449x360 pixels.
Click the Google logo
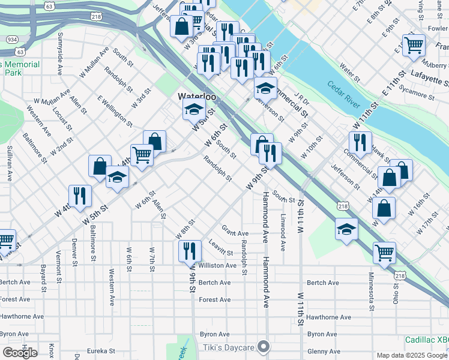[x=20, y=353]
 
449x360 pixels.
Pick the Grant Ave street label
[x=235, y=232]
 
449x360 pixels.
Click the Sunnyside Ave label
[x=59, y=60]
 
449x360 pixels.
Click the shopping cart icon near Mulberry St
[x=414, y=44]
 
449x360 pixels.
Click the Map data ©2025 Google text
[x=412, y=355]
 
